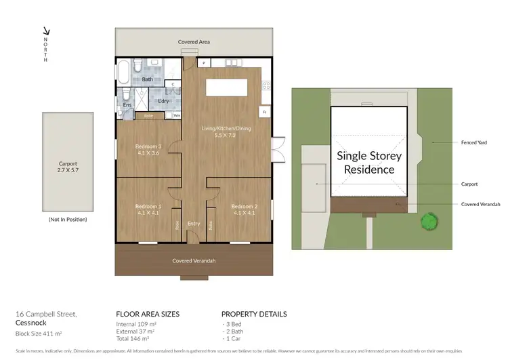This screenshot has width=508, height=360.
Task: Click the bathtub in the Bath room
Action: click(125, 72)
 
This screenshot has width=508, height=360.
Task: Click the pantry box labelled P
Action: click(203, 63)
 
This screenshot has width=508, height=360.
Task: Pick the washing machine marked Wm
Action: click(177, 115)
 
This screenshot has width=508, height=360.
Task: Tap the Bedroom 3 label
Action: click(148, 149)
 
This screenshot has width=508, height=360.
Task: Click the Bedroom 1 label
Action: click(148, 209)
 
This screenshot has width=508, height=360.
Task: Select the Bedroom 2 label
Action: click(245, 209)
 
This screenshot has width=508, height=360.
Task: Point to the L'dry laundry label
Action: click(163, 101)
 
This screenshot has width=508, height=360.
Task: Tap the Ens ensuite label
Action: click(127, 105)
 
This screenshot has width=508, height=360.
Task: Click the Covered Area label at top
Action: click(194, 42)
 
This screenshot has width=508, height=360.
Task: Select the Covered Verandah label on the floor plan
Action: click(194, 260)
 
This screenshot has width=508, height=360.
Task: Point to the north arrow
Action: click(46, 31)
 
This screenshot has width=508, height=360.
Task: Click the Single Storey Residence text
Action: click(369, 163)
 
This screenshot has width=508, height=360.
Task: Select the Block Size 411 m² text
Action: click(39, 334)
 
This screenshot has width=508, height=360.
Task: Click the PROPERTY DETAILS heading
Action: click(254, 314)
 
